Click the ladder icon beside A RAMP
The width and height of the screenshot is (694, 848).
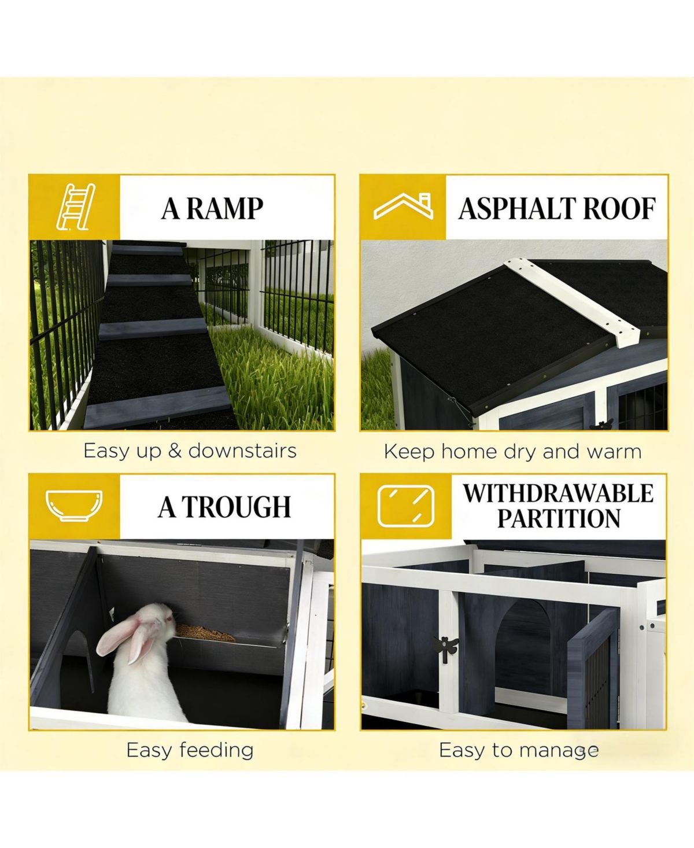click(75, 207)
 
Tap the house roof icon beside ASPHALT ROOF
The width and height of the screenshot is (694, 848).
click(403, 207)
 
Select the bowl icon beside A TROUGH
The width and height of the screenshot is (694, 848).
click(74, 505)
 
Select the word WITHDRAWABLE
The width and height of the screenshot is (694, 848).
click(558, 493)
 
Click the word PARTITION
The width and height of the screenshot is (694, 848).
click(559, 519)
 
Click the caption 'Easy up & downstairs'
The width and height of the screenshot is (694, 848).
click(190, 451)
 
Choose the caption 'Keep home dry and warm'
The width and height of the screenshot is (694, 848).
click(512, 452)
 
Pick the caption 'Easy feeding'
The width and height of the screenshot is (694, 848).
click(190, 750)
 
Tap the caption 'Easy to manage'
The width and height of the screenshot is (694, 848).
click(518, 750)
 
